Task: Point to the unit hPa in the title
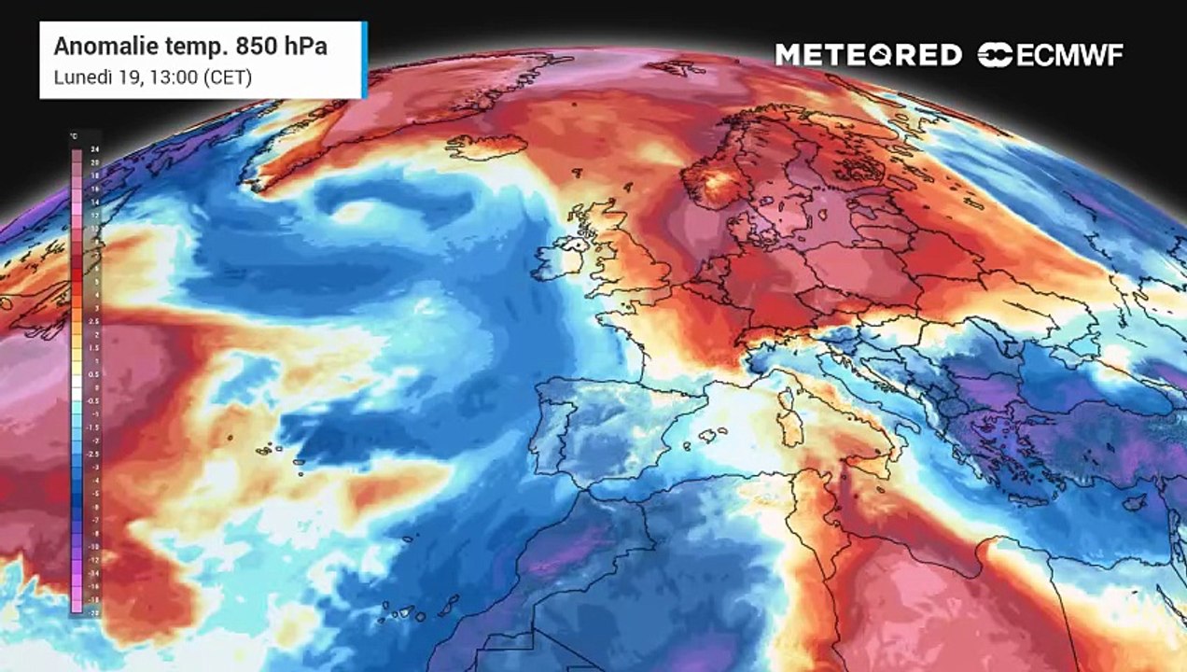tap(299, 47)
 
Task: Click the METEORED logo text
tap(868, 55)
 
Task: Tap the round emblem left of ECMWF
tap(995, 55)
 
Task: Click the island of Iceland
tap(486, 147)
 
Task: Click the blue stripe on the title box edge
tap(364, 60)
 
